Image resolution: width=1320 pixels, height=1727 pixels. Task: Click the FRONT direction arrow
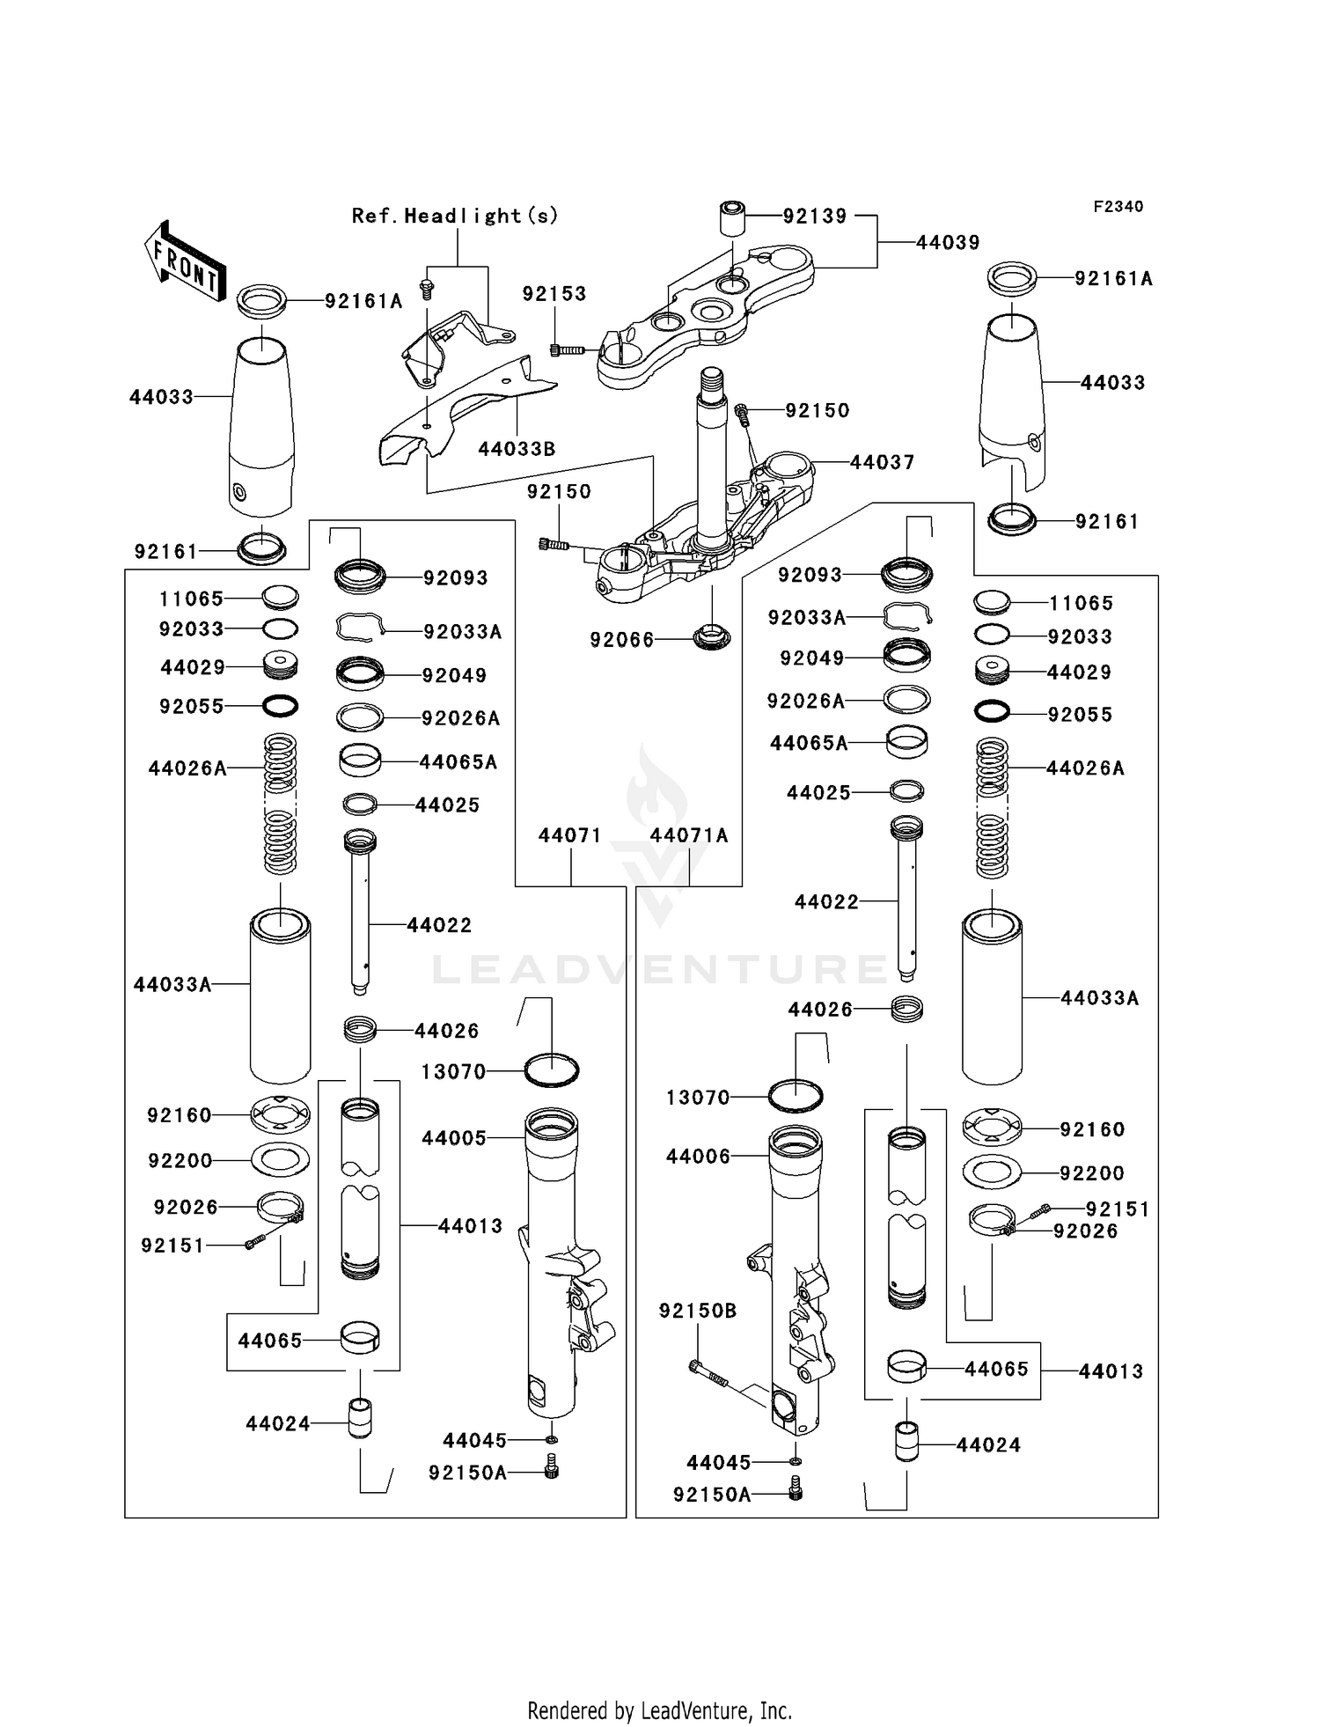click(x=186, y=261)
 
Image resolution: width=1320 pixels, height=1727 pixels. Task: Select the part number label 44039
click(x=947, y=243)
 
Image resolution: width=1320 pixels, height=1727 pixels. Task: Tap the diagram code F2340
click(x=1118, y=207)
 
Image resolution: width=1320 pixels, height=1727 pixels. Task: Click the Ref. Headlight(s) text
click(x=455, y=216)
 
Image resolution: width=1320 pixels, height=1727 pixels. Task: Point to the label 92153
click(x=554, y=294)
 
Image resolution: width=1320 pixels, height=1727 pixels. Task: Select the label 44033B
click(x=517, y=449)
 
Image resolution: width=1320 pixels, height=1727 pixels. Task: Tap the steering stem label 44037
click(x=882, y=462)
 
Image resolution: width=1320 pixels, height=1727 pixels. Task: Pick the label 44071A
click(x=689, y=835)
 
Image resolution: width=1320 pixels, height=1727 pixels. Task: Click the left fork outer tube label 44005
click(x=453, y=1138)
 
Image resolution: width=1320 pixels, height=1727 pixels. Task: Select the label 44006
click(x=698, y=1157)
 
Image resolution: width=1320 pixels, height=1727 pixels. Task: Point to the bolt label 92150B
click(x=697, y=1311)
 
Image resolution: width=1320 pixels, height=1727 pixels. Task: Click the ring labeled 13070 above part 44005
click(x=552, y=1070)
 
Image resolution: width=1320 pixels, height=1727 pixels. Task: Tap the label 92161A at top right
click(x=1112, y=279)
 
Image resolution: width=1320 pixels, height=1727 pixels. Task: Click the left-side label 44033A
click(x=172, y=984)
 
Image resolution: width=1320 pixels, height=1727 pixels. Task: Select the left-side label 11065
click(x=191, y=599)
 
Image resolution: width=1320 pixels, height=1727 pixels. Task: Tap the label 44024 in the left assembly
click(x=278, y=1423)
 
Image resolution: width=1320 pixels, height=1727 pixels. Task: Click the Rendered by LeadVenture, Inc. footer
click(x=659, y=1710)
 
